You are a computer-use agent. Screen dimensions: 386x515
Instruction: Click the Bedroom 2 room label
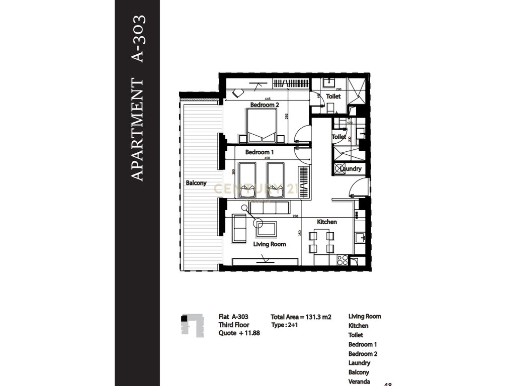pos(265,105)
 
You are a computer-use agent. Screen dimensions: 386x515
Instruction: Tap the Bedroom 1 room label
pos(260,152)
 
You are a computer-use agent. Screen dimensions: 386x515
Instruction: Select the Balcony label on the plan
pos(196,183)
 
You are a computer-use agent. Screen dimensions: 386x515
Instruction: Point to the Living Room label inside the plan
pos(269,244)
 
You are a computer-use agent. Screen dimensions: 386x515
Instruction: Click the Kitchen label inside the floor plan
pos(326,222)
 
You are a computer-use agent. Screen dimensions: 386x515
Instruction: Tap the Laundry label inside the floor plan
pos(350,169)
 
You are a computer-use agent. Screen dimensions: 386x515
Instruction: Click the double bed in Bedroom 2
pos(261,125)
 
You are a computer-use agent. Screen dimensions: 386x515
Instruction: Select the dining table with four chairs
pos(320,242)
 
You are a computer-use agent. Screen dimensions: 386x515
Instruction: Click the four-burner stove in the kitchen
pos(342,260)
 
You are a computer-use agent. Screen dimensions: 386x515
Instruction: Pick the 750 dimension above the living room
pos(295,216)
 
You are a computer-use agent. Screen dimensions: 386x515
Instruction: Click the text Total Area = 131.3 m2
pos(301,317)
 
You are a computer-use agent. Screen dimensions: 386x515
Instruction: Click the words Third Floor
pos(233,326)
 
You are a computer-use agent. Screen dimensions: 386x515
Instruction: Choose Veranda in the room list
pos(360,381)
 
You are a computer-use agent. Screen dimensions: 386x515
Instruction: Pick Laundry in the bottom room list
pos(359,363)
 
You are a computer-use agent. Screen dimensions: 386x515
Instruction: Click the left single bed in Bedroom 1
pos(247,179)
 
